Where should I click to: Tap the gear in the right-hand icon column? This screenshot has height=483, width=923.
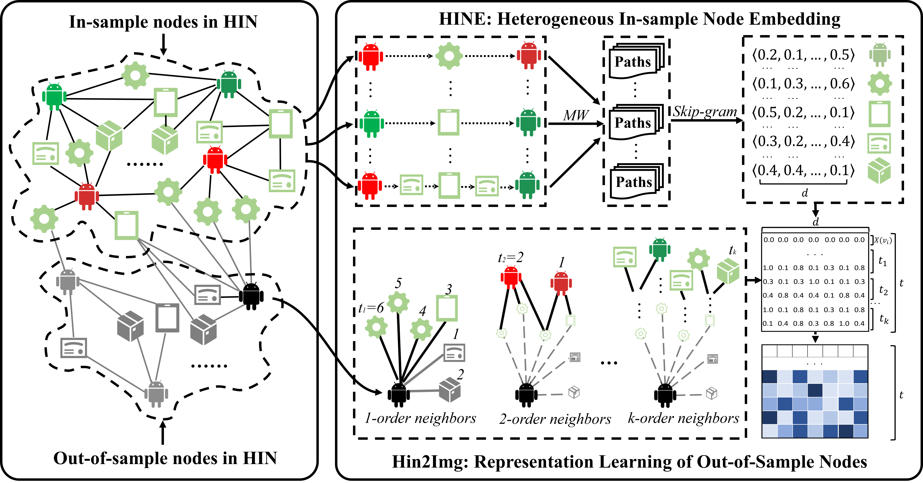tap(880, 84)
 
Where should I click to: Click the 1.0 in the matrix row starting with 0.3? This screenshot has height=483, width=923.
tap(814, 282)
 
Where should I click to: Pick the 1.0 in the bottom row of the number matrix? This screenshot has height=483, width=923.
tap(844, 324)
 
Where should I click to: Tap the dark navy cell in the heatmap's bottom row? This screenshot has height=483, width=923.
tap(846, 431)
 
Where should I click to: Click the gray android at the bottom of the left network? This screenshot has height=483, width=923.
tap(156, 394)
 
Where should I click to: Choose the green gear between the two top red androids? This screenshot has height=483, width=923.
tap(449, 56)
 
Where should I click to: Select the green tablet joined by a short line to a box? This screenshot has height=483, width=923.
tap(166, 102)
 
